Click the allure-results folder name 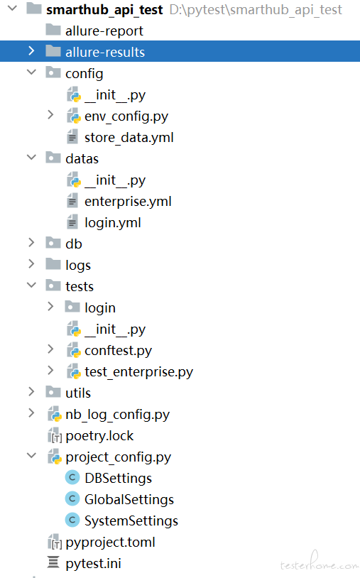[105, 52]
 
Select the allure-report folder [104, 31]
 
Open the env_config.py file [126, 116]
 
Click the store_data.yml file [129, 138]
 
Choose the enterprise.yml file [128, 202]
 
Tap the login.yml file [113, 223]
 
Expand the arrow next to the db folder [31, 243]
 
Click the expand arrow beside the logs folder [31, 264]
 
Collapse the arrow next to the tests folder [32, 285]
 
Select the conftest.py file [119, 351]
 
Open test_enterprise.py [138, 372]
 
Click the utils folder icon [53, 392]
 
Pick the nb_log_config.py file [118, 415]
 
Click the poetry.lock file [99, 436]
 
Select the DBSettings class [119, 478]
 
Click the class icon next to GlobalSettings [72, 498]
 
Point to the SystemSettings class [131, 521]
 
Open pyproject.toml [110, 542]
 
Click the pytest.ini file [93, 563]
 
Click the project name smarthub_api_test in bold [104, 10]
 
